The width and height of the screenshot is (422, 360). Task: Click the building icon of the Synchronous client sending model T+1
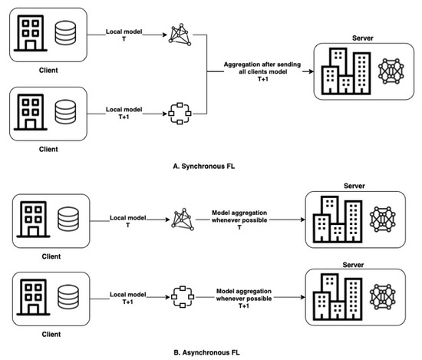tap(28, 112)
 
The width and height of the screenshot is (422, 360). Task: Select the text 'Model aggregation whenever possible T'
tap(239, 221)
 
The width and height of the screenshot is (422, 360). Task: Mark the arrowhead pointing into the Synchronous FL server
tap(310, 71)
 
